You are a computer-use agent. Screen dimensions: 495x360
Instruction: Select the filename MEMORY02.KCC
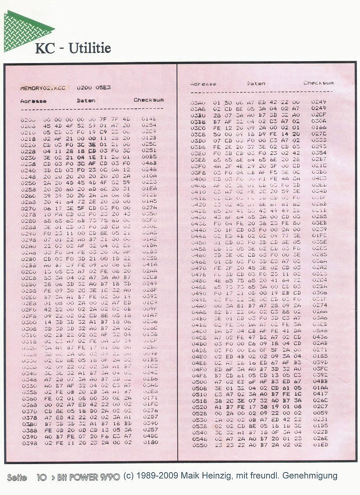pos(42,88)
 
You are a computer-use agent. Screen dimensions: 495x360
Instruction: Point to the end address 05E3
pos(105,88)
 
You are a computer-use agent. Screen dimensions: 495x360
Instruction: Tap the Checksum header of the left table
pos(149,100)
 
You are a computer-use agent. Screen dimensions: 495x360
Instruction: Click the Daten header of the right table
pos(256,83)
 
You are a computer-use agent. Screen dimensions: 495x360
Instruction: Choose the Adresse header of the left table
pos(34,101)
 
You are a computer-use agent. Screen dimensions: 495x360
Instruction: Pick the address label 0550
pos(199,445)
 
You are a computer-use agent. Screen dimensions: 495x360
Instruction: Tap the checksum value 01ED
pos(320,445)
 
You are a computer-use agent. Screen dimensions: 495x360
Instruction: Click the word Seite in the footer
pos(17,477)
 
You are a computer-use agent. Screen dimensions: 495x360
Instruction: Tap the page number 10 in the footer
pos(41,477)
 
